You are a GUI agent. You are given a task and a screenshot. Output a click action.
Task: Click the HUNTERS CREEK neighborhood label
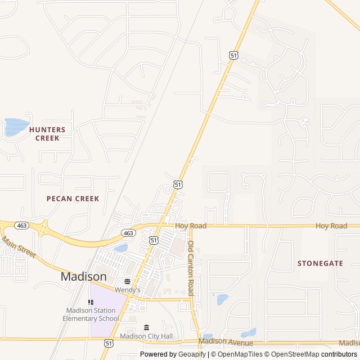pyautogui.click(x=47, y=133)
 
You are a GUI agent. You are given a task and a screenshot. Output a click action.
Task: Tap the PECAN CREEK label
pyautogui.click(x=73, y=199)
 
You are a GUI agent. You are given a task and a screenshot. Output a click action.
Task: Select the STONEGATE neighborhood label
pyautogui.click(x=319, y=263)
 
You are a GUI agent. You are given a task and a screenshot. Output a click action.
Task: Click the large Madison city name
pyautogui.click(x=83, y=277)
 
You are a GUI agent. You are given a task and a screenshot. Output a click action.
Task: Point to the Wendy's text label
pyautogui.click(x=127, y=290)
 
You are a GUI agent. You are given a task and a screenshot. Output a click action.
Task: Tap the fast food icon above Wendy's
pyautogui.click(x=127, y=281)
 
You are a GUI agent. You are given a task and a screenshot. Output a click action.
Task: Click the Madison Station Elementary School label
pyautogui.click(x=92, y=314)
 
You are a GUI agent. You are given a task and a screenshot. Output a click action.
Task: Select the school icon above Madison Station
pyautogui.click(x=91, y=302)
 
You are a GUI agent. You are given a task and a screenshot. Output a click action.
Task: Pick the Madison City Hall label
pyautogui.click(x=147, y=336)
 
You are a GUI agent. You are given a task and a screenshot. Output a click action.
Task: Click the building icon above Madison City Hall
pyautogui.click(x=147, y=327)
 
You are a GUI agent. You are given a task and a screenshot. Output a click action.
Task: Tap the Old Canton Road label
pyautogui.click(x=191, y=268)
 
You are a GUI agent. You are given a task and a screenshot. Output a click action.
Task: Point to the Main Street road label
pyautogui.click(x=19, y=246)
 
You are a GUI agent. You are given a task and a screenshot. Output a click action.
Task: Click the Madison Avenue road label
pyautogui.click(x=226, y=343)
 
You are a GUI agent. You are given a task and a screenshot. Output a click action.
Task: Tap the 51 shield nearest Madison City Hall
pyautogui.click(x=109, y=343)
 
